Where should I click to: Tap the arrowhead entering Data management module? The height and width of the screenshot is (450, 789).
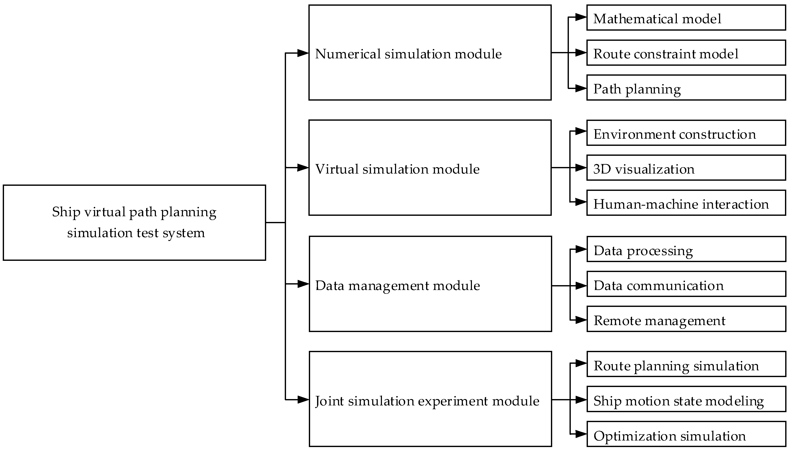(x=303, y=284)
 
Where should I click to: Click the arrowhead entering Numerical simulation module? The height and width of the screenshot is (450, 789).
(x=303, y=53)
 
